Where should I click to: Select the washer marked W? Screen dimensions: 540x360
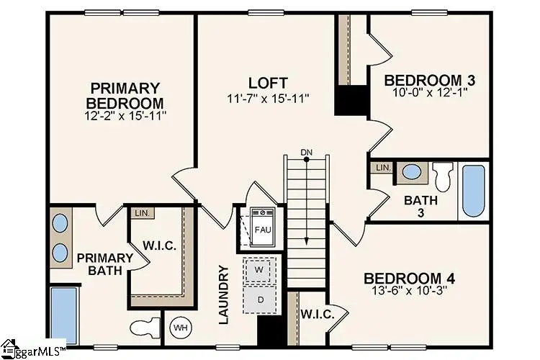(259, 270)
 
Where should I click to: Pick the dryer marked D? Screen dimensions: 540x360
(260, 300)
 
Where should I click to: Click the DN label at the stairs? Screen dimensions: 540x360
(306, 152)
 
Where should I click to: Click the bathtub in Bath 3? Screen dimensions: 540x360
(474, 191)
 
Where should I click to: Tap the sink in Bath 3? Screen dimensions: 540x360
(413, 171)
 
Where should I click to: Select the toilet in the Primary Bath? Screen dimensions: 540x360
(145, 328)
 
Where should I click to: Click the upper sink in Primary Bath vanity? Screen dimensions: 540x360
(60, 223)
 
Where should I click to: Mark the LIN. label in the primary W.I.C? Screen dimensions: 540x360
(143, 213)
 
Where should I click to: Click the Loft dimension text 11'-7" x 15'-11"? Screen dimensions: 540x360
(267, 99)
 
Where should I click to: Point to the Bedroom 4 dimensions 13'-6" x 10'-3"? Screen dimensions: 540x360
(410, 290)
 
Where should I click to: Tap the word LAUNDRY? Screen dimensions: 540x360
(224, 294)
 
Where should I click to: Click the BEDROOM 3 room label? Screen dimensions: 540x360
(429, 80)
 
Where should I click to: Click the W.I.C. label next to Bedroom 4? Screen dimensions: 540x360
(318, 315)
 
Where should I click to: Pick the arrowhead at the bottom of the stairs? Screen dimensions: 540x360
(306, 241)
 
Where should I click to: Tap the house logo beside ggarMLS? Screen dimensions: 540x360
(9, 349)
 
